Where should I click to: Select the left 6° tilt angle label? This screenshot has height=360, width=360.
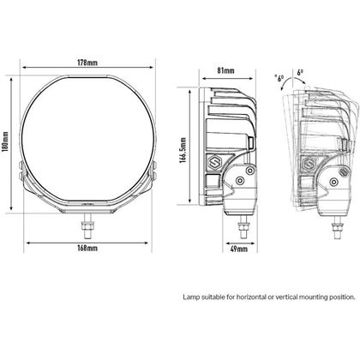[x=281, y=78]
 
